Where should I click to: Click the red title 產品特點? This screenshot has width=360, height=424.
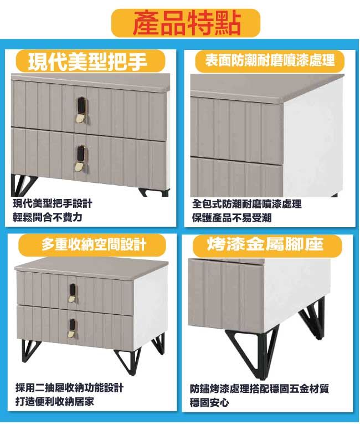click(x=187, y=23)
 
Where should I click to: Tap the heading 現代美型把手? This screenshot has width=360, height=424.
click(x=88, y=62)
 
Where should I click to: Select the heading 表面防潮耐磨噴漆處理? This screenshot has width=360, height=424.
click(x=270, y=60)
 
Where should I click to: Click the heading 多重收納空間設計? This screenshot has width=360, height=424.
click(x=94, y=245)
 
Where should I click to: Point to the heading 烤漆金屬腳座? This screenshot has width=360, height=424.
click(x=265, y=244)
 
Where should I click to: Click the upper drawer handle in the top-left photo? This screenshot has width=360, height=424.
click(x=80, y=110)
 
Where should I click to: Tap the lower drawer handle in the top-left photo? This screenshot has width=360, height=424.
click(x=80, y=159)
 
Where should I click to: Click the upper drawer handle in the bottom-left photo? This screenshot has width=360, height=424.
click(x=73, y=293)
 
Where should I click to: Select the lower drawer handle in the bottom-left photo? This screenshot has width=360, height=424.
click(x=72, y=328)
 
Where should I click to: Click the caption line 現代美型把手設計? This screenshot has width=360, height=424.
click(x=53, y=203)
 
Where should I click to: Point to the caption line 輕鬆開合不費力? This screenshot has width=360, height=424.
click(x=48, y=217)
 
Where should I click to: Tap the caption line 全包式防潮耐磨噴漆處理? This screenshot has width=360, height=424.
click(x=247, y=204)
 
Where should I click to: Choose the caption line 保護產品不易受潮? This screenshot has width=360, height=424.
click(x=232, y=218)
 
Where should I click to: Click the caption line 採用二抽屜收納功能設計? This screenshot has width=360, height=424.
click(x=69, y=388)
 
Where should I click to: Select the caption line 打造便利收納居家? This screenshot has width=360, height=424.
click(x=55, y=402)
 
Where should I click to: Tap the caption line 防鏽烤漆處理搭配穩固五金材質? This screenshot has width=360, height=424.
click(x=259, y=389)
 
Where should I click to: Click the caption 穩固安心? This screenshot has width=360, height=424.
click(x=209, y=402)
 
